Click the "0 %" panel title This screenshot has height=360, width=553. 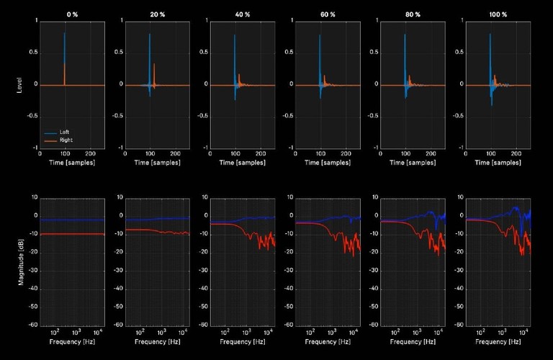[71, 14]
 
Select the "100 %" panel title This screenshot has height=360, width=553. [498, 14]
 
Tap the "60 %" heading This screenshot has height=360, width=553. [327, 14]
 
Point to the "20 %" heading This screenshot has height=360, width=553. [156, 14]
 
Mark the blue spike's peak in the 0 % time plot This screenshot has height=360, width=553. [65, 33]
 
